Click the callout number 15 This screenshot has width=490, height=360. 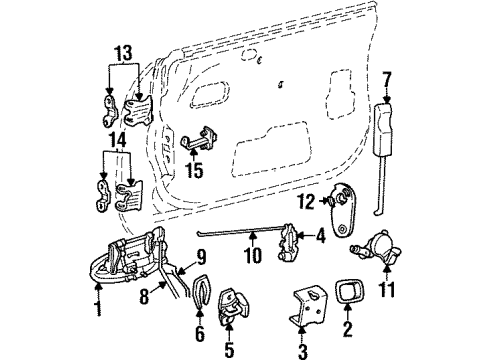(x=195, y=171)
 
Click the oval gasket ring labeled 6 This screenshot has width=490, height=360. (x=200, y=296)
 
